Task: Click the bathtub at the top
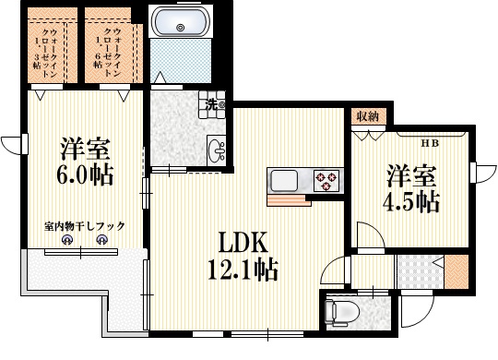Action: (181, 23)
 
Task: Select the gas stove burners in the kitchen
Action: (326, 178)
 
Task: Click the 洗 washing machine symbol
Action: (213, 105)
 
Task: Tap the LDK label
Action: (242, 243)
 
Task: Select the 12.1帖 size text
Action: (242, 270)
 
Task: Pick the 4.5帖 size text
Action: (411, 200)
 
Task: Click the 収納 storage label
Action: (366, 115)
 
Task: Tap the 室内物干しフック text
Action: (84, 225)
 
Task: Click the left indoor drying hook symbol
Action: (66, 241)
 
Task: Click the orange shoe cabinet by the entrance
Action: (455, 272)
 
